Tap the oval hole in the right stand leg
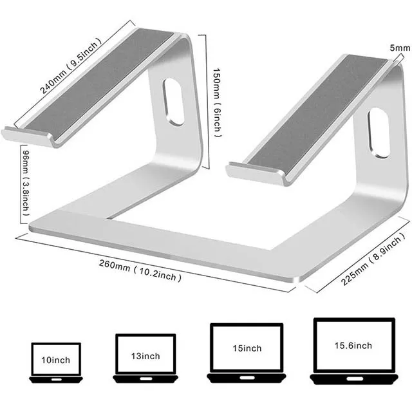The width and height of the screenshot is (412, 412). [380, 134]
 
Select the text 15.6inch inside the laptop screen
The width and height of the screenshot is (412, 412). [353, 346]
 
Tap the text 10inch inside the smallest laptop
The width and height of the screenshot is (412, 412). [56, 359]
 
